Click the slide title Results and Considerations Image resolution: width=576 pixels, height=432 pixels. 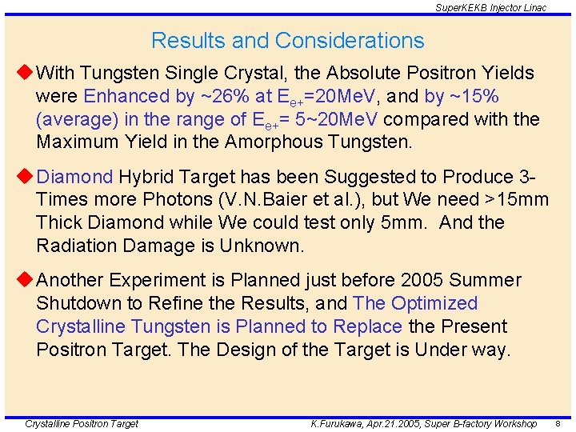[x=287, y=40]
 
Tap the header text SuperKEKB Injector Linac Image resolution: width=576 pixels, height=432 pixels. [x=490, y=7]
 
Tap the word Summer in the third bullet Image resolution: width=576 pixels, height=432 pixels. [x=491, y=280]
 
